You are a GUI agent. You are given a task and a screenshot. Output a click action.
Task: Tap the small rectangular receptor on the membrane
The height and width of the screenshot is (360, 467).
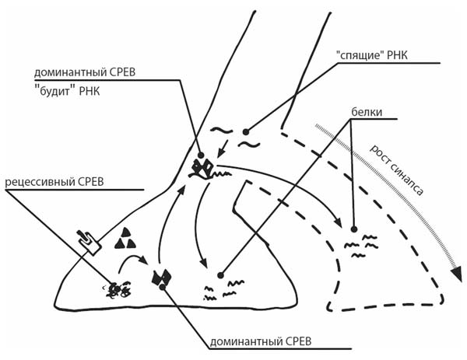[90, 241]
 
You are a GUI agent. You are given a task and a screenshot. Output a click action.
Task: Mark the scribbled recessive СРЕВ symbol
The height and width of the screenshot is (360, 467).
[118, 290]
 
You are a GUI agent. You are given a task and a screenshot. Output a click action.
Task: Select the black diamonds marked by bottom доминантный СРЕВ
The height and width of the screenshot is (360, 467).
[162, 278]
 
